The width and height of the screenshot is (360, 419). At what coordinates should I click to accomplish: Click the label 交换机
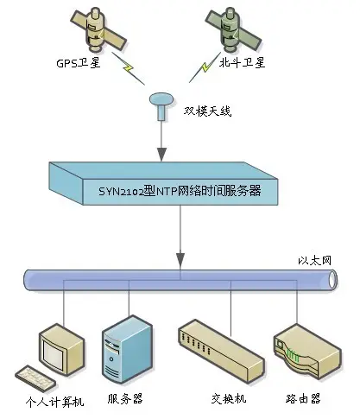pyautogui.click(x=228, y=399)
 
